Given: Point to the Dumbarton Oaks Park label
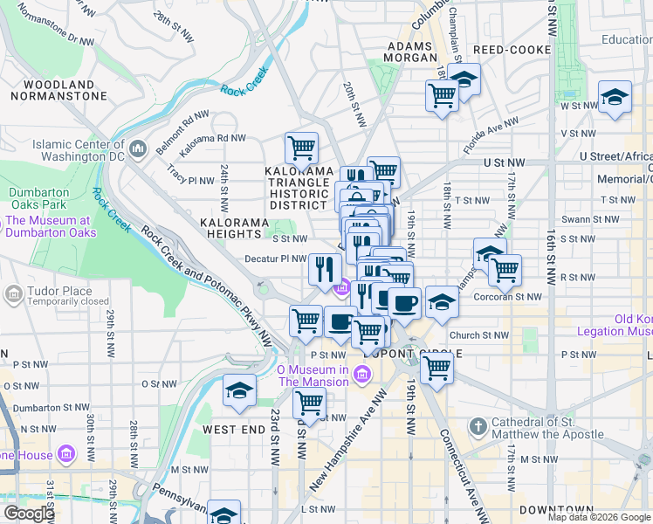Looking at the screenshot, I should click(x=41, y=198).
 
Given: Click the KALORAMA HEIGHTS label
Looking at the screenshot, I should click(x=234, y=229).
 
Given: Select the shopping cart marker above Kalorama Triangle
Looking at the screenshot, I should click(x=301, y=148).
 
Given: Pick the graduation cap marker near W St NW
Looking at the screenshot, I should click(x=615, y=97).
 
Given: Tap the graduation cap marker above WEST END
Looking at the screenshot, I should click(x=238, y=390).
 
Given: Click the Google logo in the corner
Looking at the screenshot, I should click(x=29, y=513).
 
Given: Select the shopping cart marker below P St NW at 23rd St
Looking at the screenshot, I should click(x=309, y=403).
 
